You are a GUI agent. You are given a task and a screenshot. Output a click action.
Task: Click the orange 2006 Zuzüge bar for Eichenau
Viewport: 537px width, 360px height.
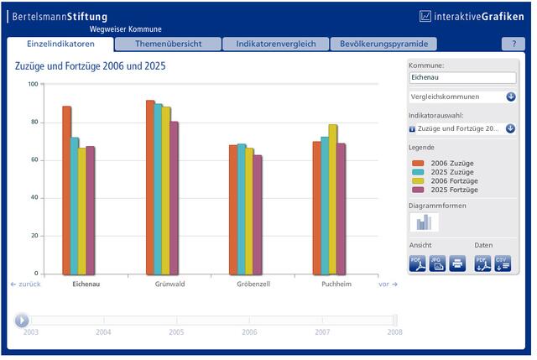[x=67, y=190]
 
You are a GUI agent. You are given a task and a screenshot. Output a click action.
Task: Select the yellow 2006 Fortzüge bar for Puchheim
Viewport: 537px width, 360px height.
[x=332, y=200]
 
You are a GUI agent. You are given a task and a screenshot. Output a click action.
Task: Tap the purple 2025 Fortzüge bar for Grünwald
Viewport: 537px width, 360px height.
[x=175, y=198]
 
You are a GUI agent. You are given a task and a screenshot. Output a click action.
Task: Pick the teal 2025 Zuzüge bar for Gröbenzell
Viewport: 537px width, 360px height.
[x=242, y=209]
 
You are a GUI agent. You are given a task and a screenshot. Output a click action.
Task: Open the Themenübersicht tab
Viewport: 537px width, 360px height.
[x=168, y=44]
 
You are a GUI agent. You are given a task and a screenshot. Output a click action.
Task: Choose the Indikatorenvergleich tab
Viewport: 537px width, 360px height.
[x=276, y=44]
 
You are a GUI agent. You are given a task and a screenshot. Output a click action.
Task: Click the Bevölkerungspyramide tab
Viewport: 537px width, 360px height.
[x=383, y=44]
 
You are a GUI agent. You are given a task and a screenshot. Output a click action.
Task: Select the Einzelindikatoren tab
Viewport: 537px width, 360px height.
[x=60, y=44]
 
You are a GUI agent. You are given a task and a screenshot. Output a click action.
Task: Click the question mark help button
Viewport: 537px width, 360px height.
[x=514, y=44]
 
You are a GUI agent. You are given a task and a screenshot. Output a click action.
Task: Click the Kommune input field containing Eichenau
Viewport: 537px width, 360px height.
[x=462, y=77]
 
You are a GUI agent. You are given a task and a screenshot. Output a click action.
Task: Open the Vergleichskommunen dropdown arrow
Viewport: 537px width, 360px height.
[x=511, y=97]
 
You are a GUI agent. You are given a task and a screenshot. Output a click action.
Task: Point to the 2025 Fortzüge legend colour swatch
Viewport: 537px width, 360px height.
[x=418, y=190]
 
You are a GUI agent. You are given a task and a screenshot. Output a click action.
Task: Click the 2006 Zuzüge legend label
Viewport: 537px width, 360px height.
[x=452, y=164]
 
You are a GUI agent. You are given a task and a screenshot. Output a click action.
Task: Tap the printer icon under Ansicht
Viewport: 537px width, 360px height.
[x=457, y=263]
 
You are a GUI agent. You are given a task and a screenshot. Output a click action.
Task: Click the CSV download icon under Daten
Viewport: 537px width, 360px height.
[x=503, y=263]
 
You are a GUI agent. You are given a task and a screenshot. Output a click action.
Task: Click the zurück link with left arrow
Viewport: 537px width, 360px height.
[x=26, y=284]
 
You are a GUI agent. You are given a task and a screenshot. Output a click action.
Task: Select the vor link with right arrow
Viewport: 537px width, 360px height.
[x=388, y=284]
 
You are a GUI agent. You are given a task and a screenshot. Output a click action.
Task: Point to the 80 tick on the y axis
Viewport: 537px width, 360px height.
[x=34, y=122]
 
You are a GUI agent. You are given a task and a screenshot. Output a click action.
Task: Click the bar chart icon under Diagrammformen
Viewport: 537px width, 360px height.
[x=424, y=222]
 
